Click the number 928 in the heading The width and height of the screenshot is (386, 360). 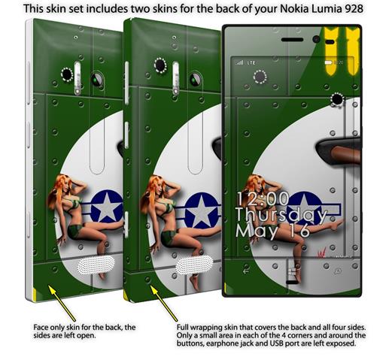(354, 8)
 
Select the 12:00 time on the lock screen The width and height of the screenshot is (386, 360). (263, 199)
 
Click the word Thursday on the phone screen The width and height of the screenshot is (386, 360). (281, 216)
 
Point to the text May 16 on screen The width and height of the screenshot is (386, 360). (272, 231)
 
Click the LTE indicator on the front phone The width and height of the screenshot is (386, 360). (251, 62)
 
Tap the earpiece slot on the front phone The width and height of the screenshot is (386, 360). (292, 40)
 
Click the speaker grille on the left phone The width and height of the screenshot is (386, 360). (96, 265)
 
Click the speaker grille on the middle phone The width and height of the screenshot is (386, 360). (194, 265)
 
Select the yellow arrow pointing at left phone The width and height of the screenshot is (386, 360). (62, 303)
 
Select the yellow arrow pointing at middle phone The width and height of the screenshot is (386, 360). (164, 304)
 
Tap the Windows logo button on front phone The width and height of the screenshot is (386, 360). (292, 272)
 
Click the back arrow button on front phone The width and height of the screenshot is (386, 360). (246, 271)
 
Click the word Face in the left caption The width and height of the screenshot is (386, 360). (41, 327)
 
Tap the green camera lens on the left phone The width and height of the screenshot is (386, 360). (97, 79)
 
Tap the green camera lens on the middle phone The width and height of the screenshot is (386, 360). (196, 80)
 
